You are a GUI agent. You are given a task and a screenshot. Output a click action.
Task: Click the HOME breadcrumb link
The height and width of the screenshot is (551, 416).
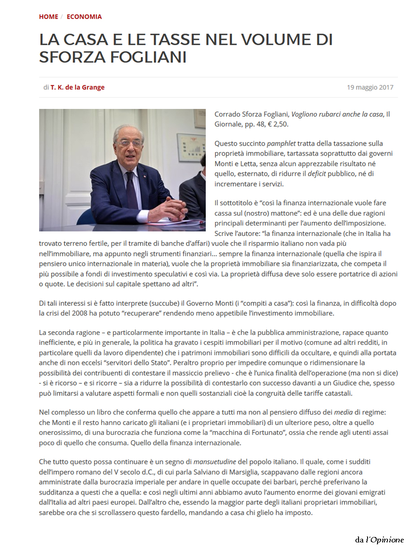tap(48, 17)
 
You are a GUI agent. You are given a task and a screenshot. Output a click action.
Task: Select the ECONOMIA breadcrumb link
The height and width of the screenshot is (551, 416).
tap(84, 17)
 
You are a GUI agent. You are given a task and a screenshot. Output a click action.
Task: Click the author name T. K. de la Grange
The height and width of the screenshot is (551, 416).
tap(77, 87)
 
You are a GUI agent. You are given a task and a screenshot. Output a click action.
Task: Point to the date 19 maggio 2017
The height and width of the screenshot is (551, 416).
tap(370, 87)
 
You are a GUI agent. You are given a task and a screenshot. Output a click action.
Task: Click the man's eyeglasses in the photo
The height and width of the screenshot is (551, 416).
tap(130, 143)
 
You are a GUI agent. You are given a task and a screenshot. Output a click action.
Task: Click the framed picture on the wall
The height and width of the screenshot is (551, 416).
tap(191, 147)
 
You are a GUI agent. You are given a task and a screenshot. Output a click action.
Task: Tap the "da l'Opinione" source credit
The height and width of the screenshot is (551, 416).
tap(379, 540)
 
